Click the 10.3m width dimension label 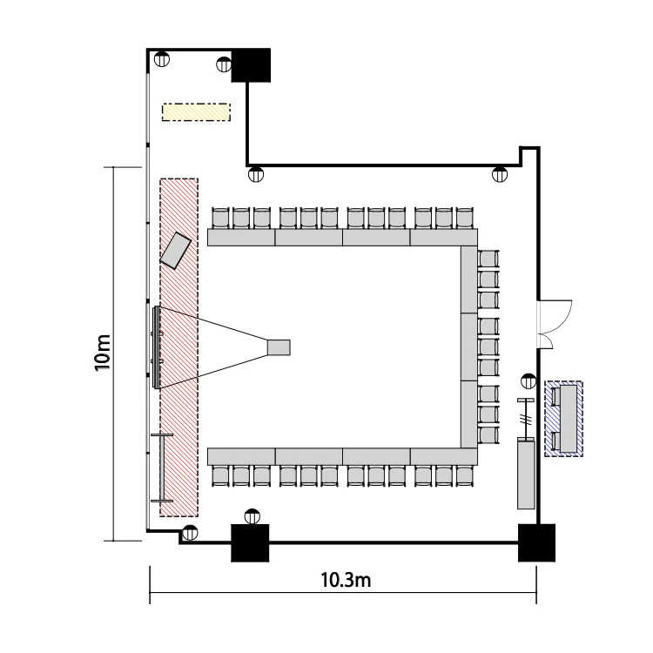pos(346,580)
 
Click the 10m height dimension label pos(103,353)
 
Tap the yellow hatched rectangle pos(196,112)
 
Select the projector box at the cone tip pos(279,347)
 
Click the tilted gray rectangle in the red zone pos(176,251)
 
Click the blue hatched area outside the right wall pos(563,419)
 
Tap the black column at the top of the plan pos(251,65)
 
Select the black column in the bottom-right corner pos(536,542)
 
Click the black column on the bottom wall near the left pos(250,542)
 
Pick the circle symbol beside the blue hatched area pos(528,381)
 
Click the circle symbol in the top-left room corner pos(162,58)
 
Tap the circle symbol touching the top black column pos(224,64)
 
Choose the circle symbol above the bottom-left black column pos(252,517)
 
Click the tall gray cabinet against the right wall pos(526,473)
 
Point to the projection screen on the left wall pos(156,347)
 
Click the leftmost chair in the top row pos(221,218)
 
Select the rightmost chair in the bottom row pos(465,476)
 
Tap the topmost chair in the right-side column pos(488,259)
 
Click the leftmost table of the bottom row pos(241,457)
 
